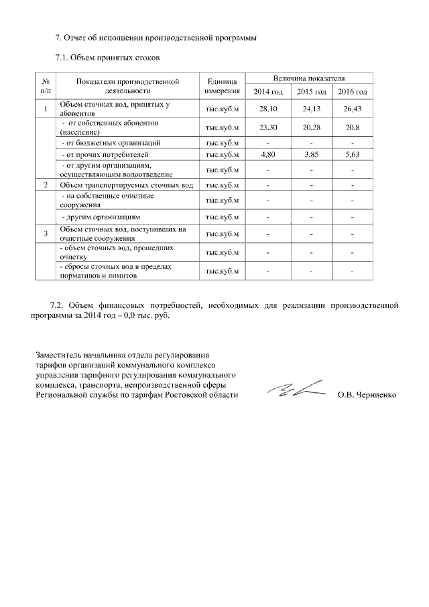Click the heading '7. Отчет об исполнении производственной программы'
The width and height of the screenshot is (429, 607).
tap(156, 37)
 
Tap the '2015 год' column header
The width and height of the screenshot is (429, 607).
tap(311, 92)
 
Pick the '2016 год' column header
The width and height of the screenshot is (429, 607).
tap(352, 92)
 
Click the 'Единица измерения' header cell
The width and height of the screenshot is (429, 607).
tap(222, 86)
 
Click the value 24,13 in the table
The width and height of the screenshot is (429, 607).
tap(311, 109)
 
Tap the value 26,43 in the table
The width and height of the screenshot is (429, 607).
tap(352, 109)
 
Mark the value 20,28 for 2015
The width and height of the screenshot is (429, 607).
tap(311, 127)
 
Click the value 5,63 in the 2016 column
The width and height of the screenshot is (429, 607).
tap(352, 154)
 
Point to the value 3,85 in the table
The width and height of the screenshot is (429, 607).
tap(311, 154)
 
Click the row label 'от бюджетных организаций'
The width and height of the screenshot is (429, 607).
tap(111, 143)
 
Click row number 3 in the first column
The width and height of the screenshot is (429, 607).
tap(46, 233)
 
